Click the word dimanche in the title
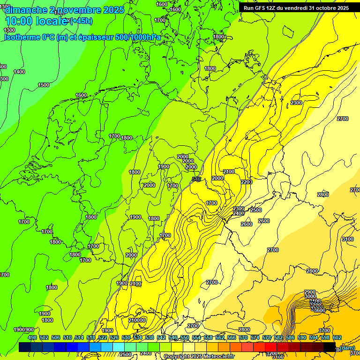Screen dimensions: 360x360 26,10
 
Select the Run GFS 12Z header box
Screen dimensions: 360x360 296,8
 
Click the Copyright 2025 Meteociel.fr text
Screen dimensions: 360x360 199,356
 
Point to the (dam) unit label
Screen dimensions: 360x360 347,348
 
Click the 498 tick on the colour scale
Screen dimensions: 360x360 32,337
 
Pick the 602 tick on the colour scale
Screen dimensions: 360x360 337,337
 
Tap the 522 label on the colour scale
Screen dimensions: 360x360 103,337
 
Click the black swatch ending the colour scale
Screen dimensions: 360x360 330,347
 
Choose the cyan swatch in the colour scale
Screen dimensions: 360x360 119,347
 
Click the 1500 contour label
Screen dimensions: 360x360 44,85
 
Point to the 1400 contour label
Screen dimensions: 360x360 19,72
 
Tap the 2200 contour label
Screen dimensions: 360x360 247,182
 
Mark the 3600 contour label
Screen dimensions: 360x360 319,310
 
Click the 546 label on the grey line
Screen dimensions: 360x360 196,179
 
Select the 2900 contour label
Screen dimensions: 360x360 310,292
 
